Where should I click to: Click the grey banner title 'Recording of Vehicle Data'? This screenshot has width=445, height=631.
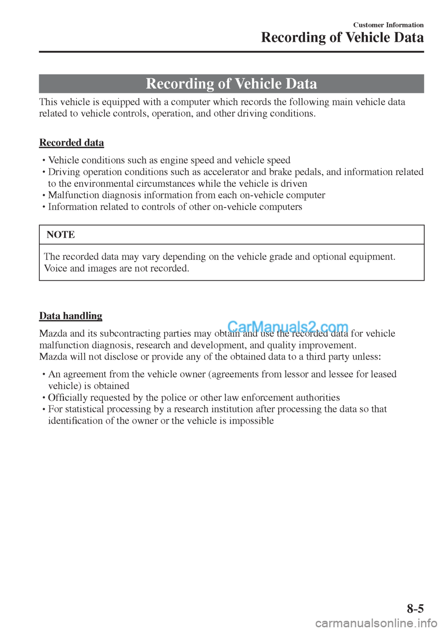pos(231,84)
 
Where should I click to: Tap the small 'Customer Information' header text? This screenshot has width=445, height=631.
pos(388,25)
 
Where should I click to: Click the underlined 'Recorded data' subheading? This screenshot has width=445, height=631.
pos(71,143)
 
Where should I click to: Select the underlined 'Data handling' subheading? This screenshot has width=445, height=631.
pos(70,316)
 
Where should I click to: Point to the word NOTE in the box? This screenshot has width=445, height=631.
pos(61,235)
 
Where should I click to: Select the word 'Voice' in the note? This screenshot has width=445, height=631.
pos(56,268)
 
